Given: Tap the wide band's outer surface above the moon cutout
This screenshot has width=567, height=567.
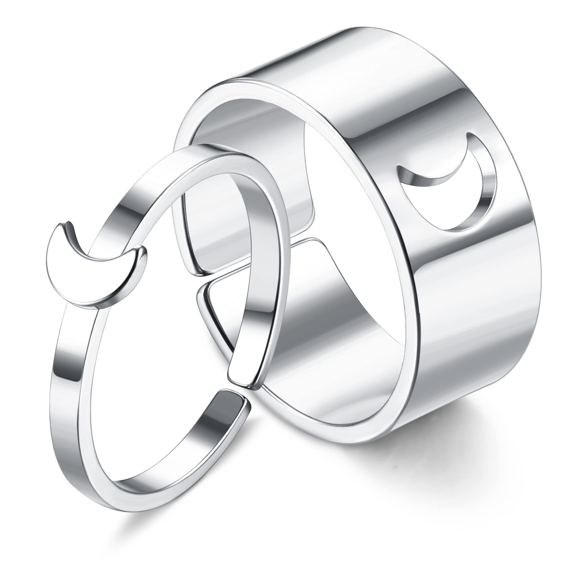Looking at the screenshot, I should coord(411,88).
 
